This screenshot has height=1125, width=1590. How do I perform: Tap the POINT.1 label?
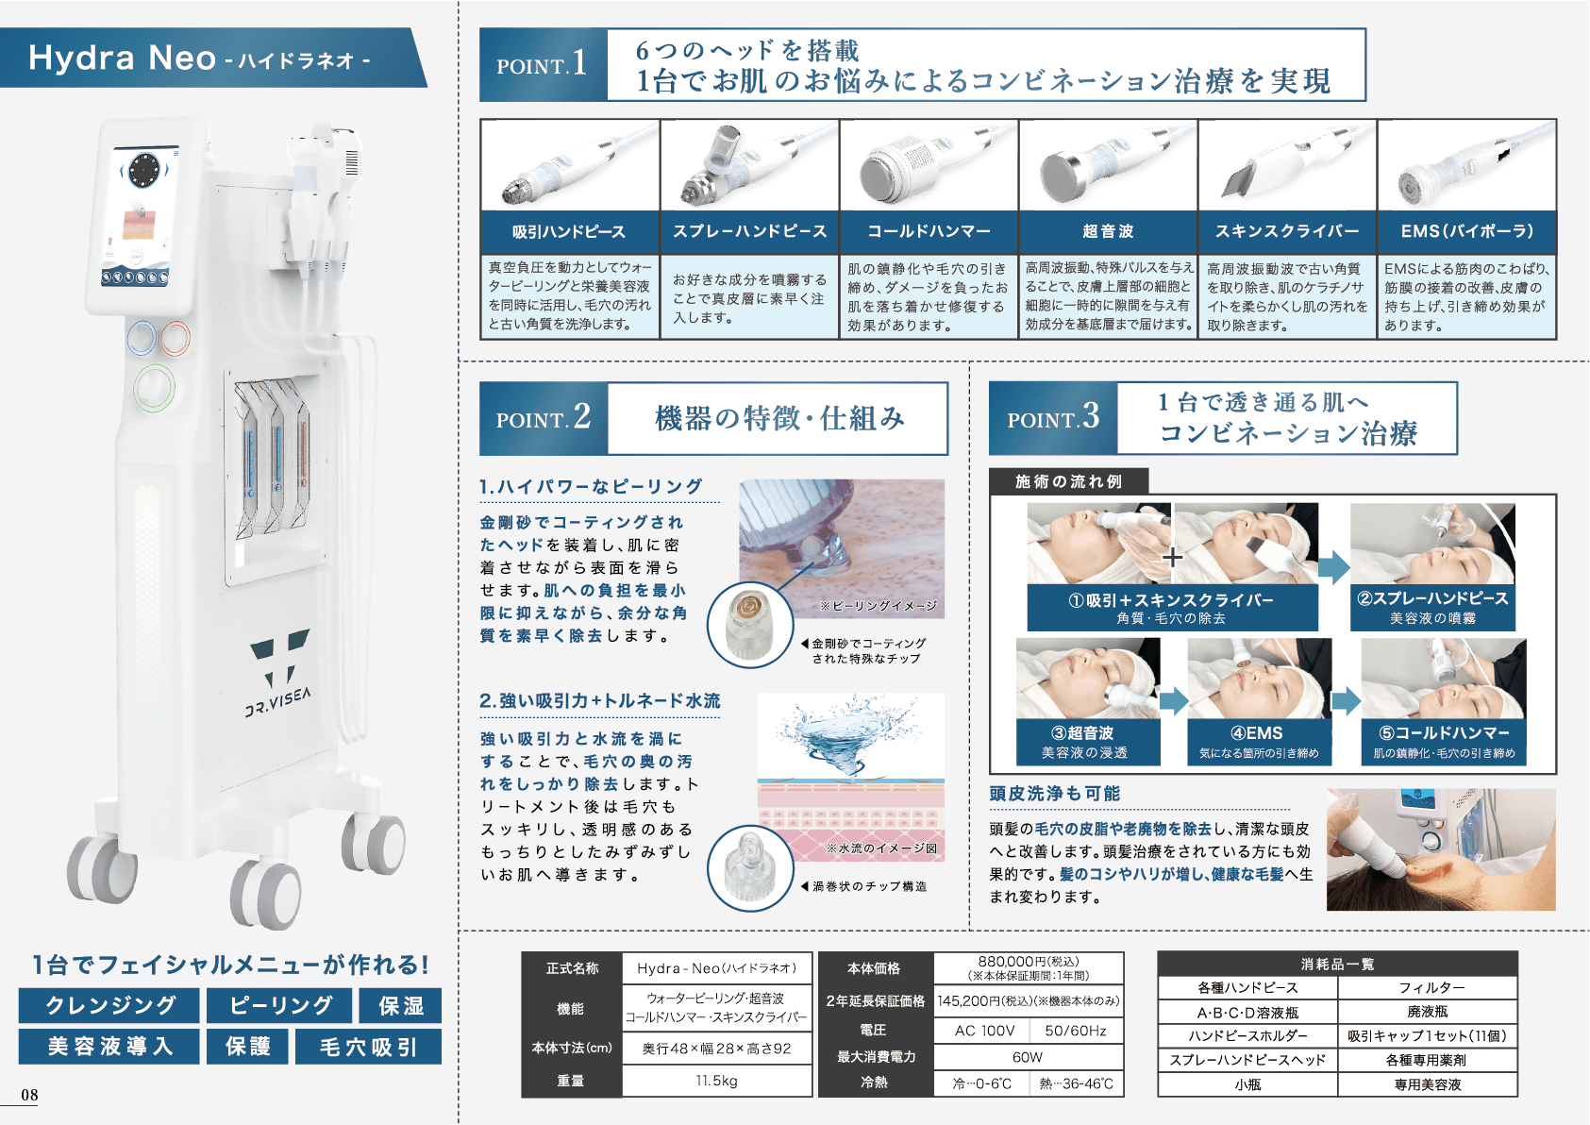point(543,64)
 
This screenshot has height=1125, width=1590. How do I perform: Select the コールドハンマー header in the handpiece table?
point(929,231)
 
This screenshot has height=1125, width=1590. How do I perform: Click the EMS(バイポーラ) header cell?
point(1466,231)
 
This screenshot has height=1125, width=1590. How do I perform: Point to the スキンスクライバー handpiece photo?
point(1287,165)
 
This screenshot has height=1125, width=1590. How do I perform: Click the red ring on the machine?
point(175,339)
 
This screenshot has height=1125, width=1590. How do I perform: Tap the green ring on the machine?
point(154,388)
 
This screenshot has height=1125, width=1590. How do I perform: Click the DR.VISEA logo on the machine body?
point(278,671)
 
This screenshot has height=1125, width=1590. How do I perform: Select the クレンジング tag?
point(109,1005)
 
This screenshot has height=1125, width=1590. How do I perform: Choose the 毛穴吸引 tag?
point(368,1047)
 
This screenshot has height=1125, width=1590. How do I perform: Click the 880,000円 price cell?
point(1028,968)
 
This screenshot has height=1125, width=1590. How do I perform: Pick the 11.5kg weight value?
point(717,1081)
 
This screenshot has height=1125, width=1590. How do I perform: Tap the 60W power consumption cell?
point(1028,1057)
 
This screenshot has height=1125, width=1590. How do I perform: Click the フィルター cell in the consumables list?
point(1428,987)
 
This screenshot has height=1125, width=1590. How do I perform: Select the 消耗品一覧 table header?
point(1337,964)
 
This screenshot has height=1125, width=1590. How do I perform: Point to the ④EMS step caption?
point(1259,742)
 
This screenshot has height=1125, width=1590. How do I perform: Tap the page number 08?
point(29,1095)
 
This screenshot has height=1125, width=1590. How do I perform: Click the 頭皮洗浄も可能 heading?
point(1055,794)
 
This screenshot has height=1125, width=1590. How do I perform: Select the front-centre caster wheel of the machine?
point(266,895)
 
